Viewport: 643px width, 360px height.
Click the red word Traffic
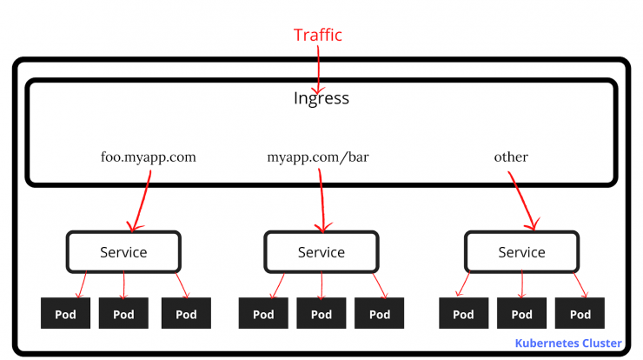tap(317, 35)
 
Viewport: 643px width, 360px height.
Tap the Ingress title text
tap(321, 98)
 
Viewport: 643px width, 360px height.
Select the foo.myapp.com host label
tap(148, 157)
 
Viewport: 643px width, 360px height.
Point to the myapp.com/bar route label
tap(318, 157)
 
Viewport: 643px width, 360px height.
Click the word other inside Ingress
tap(511, 157)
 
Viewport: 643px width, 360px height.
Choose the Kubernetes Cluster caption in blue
tap(568, 343)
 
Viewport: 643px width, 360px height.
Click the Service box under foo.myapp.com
tap(123, 252)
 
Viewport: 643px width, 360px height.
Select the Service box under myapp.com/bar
tap(321, 252)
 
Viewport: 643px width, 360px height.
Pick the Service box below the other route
tap(521, 252)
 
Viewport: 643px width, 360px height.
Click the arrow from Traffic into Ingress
tap(318, 70)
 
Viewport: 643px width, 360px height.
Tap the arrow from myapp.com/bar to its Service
tap(321, 201)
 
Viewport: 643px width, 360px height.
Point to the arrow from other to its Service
tap(522, 200)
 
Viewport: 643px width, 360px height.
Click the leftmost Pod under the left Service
tap(66, 313)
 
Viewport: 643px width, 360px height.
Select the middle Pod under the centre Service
tap(321, 313)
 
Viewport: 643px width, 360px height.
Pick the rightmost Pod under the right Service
tap(580, 313)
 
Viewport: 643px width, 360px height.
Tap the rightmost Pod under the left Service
tap(186, 313)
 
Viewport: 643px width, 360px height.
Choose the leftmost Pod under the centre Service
tap(263, 313)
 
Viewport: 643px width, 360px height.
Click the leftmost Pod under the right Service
tap(463, 313)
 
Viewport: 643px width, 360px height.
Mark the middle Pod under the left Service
tap(123, 313)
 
